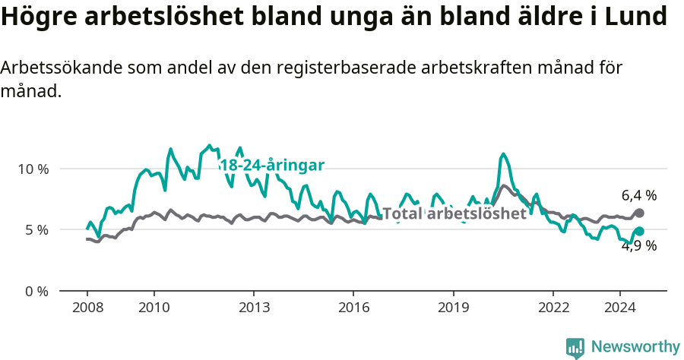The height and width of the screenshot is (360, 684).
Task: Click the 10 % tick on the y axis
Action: [x=32, y=169]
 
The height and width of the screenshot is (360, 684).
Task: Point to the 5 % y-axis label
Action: [x=35, y=229]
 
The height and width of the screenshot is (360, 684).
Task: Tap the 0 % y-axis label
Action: [x=35, y=291]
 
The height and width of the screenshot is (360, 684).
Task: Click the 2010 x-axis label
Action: [x=154, y=308]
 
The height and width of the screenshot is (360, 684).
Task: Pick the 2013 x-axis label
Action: [x=254, y=308]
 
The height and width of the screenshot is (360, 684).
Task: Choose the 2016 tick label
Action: [x=353, y=308]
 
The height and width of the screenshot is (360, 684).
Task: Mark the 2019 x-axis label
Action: [x=454, y=308]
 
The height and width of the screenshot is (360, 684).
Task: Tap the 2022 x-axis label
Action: [x=553, y=308]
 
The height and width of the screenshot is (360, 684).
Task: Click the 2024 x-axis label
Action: [x=620, y=308]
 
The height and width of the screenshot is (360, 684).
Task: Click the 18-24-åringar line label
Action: [x=272, y=166]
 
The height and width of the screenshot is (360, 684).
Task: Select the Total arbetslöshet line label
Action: [x=454, y=214]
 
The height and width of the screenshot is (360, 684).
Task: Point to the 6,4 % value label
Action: [x=639, y=196]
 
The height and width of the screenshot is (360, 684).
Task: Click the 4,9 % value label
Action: [x=639, y=246]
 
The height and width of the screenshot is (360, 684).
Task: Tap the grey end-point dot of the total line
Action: [x=639, y=213]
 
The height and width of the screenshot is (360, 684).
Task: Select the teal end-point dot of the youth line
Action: [x=639, y=231]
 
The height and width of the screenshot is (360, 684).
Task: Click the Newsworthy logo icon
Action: [x=575, y=347]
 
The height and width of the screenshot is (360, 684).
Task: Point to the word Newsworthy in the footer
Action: [x=635, y=347]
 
